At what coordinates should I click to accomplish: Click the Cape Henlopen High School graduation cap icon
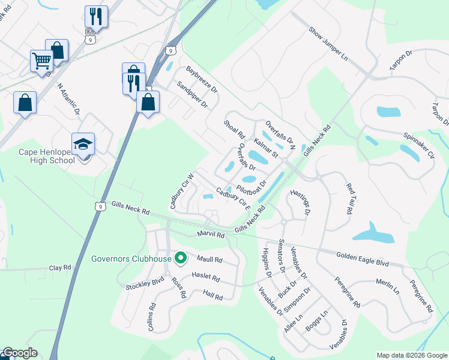point(83,145)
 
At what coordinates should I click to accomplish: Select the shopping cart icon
point(41,61)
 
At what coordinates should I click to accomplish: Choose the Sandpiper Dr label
point(192,95)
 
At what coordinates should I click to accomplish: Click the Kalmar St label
point(266,148)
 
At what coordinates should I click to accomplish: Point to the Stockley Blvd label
point(145,284)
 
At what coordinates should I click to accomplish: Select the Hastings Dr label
point(300,202)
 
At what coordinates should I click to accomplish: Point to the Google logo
point(20,353)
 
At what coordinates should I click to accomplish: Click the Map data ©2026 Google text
point(411,355)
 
